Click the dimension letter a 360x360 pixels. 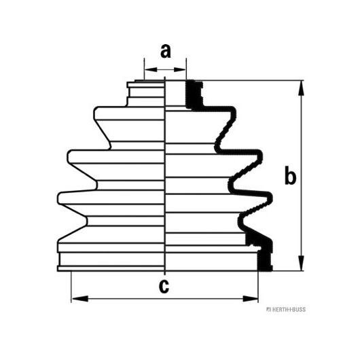pos(166,51)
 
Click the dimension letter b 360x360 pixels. pos(290,176)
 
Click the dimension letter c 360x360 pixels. pos(164,286)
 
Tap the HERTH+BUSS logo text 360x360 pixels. pos(286,310)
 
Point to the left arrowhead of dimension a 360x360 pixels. pos(151,69)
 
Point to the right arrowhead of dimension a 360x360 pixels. pos(180,69)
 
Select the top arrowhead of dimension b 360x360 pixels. pos(301,88)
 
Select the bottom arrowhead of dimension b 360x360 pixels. pos(301,263)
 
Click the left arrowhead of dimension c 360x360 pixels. pos(80,299)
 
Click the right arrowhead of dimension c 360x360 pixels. pos(250,299)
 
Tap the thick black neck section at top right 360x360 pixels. pos(194,94)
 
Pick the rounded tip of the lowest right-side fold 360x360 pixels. pos(270,198)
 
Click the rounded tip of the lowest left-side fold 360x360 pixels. pos(59,198)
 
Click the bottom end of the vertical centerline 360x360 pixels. pos(165,274)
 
